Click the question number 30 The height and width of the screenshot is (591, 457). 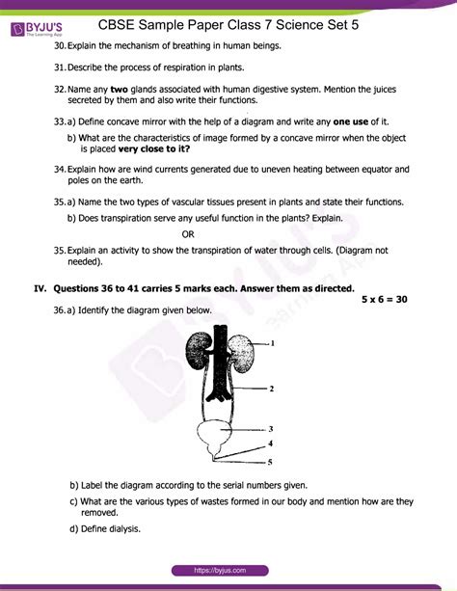(x=60, y=46)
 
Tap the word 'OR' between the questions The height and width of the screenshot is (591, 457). (x=189, y=234)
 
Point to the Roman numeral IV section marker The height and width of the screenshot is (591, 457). (x=40, y=287)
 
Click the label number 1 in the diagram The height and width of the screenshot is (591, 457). (x=274, y=342)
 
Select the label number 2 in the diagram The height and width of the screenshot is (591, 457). (x=273, y=389)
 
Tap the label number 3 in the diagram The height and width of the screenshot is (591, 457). (x=272, y=428)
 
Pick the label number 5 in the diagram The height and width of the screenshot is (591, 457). (x=271, y=462)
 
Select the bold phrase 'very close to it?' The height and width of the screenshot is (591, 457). (x=155, y=148)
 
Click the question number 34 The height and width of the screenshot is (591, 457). (x=60, y=169)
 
